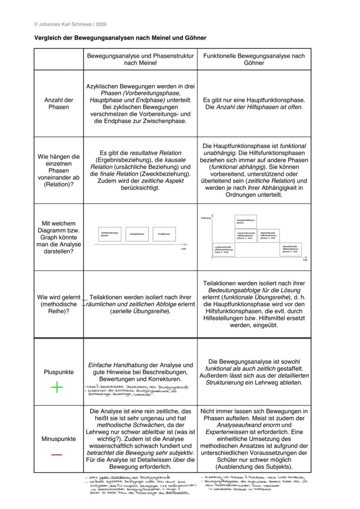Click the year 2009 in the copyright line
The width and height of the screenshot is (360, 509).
101,24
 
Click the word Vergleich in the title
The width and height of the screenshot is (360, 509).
47,38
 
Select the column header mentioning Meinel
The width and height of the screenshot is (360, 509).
140,60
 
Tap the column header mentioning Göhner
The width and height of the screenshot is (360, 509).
254,60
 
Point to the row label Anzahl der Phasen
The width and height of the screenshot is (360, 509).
59,103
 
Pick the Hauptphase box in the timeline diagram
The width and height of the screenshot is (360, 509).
137,234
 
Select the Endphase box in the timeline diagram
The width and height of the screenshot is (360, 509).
164,234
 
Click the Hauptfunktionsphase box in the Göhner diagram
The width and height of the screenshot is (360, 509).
246,221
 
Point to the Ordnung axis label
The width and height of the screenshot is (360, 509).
206,218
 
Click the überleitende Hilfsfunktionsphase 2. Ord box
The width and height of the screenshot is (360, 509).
291,249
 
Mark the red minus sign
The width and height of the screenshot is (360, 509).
57,455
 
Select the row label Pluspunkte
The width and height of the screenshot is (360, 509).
59,373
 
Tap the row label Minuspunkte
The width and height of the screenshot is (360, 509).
59,439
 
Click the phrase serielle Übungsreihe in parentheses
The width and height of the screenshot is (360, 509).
140,312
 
